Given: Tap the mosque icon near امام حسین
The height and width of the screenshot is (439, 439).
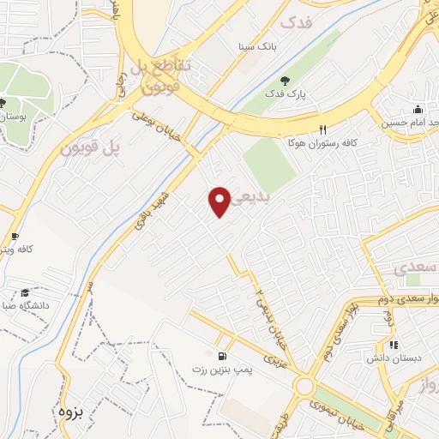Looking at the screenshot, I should pos(418,110).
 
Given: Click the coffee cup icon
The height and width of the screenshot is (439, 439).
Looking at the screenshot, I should pos(15,236).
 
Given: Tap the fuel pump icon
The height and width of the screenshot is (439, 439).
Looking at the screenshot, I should pos(224,356).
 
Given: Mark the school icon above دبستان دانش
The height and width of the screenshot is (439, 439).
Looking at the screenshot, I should pos(394,346).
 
